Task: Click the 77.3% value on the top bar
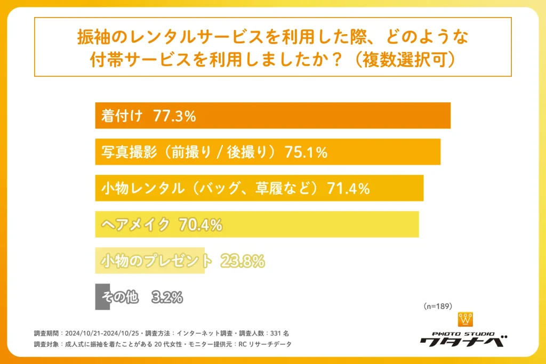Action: tap(174, 116)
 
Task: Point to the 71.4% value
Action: tap(349, 188)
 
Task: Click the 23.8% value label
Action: tap(243, 261)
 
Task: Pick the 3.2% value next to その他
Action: tap(167, 297)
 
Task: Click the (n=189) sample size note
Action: tap(438, 306)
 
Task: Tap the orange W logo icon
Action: tap(465, 320)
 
